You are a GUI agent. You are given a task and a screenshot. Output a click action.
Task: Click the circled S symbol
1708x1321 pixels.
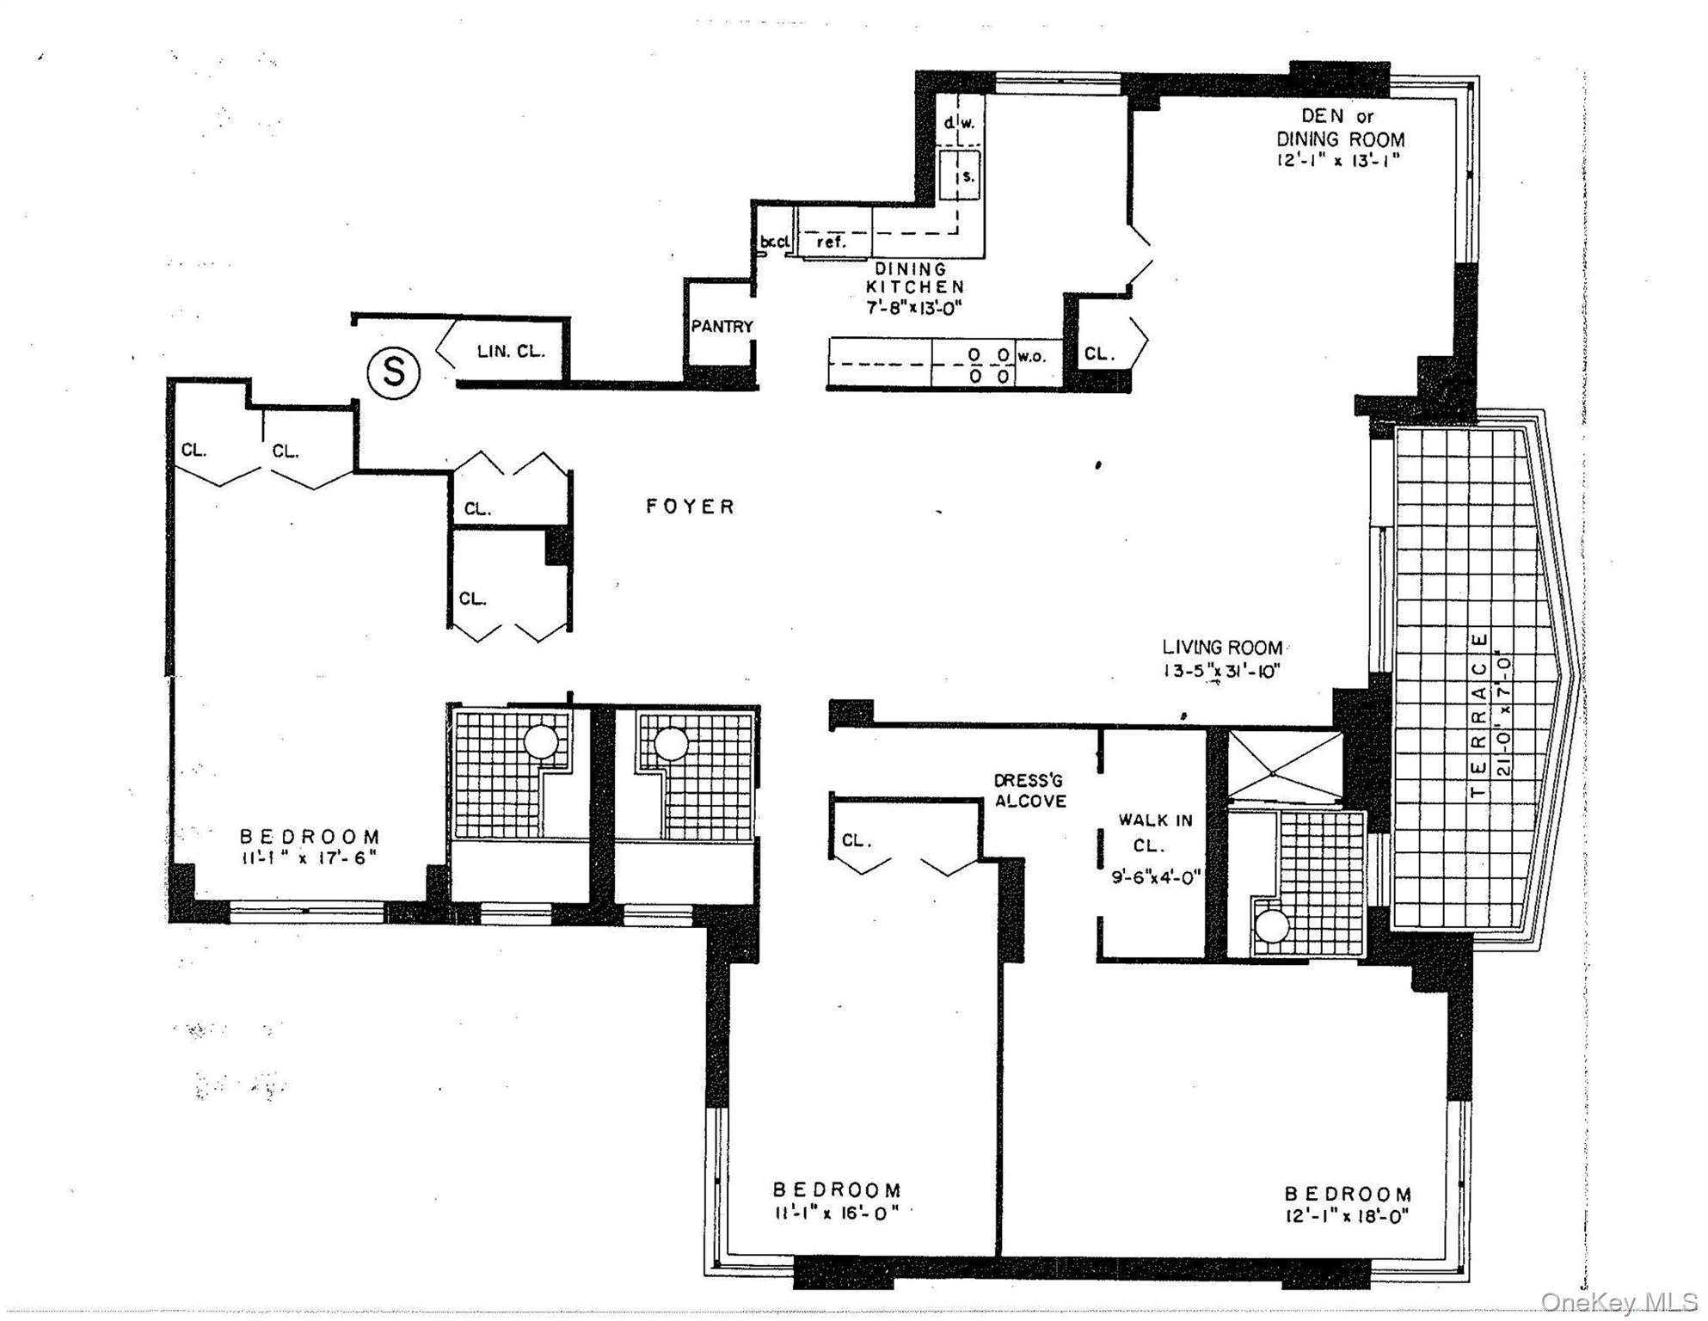(394, 372)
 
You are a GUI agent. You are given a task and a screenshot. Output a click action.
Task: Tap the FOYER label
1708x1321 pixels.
(691, 507)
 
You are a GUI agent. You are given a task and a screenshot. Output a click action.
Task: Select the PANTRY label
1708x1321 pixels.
(722, 327)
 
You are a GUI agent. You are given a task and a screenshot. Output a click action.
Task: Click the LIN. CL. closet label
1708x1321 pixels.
(511, 351)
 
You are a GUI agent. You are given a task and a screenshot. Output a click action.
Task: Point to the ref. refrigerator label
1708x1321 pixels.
(831, 243)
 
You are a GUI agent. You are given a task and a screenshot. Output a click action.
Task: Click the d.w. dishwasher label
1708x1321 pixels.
(959, 123)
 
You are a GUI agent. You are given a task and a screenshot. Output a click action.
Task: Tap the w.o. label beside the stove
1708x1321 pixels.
(1032, 356)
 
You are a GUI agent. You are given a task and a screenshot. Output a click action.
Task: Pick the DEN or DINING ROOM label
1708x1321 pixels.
(1340, 127)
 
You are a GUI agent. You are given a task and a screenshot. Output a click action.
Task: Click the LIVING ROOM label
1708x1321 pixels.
(1222, 648)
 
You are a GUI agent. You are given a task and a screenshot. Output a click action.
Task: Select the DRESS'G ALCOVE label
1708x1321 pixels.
(1029, 791)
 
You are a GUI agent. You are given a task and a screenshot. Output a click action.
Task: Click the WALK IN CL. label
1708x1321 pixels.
(1155, 833)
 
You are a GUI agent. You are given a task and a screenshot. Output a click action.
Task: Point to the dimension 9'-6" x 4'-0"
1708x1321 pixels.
(1155, 878)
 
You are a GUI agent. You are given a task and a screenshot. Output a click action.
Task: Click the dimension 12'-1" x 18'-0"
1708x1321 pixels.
(1348, 1216)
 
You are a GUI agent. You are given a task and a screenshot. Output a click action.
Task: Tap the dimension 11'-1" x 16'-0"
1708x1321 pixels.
(836, 1213)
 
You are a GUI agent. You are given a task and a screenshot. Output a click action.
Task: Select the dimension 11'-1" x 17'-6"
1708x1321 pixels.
(310, 857)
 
